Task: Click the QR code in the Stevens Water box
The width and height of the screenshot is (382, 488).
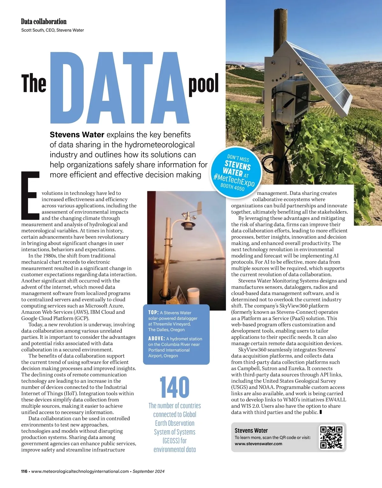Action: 331,437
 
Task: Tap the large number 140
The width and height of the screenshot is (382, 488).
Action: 174,387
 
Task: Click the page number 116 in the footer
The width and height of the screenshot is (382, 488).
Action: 24,471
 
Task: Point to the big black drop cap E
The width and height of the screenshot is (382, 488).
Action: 30,196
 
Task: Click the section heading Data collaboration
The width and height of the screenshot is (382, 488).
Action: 44,22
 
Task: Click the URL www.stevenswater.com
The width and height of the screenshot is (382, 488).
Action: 258,444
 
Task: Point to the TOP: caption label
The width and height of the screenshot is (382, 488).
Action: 153,313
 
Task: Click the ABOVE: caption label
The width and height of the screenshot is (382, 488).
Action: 157,339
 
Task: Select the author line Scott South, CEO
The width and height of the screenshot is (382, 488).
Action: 53,30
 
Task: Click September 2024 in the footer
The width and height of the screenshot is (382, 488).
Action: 149,471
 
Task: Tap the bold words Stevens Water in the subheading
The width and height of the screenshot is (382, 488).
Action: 77,134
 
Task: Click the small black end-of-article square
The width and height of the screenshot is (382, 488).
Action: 321,412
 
